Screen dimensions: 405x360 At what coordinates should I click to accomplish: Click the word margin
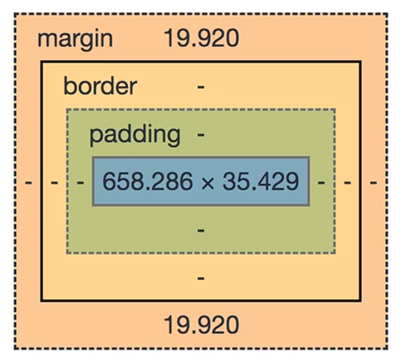75,39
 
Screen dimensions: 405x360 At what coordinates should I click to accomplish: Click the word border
100,86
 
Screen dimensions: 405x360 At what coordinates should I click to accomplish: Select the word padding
135,134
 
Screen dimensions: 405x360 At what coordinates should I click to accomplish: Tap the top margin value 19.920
201,39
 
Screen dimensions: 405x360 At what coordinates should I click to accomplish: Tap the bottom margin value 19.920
201,325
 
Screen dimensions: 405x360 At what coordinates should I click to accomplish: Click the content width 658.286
147,182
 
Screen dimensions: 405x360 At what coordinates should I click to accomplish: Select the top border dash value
201,86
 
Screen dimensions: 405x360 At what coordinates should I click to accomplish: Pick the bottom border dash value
201,278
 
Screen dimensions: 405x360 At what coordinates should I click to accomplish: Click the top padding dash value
201,134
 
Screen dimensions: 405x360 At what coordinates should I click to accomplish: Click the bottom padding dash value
201,230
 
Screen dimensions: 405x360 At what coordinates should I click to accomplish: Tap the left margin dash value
28,183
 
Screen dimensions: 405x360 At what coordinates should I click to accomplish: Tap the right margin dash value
374,183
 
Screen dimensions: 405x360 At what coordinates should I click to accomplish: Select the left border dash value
54,183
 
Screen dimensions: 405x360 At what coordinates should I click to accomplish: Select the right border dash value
348,183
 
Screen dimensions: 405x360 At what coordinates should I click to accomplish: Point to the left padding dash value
80,183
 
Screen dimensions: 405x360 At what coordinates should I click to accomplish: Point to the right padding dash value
322,183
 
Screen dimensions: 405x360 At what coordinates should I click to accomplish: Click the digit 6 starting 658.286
108,182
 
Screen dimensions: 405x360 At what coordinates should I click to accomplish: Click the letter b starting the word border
69,86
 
